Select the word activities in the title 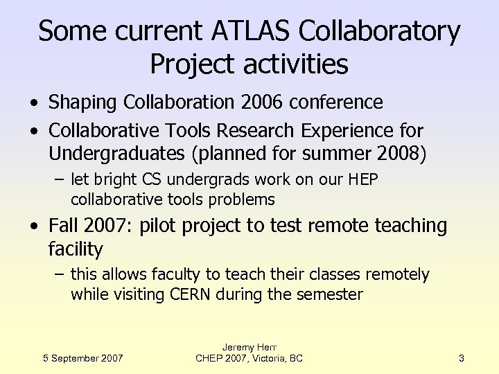tap(289, 64)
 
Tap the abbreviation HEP tap(362, 180)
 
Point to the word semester tap(329, 294)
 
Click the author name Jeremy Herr tap(249, 346)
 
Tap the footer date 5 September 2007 tap(82, 358)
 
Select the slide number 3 tap(461, 358)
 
